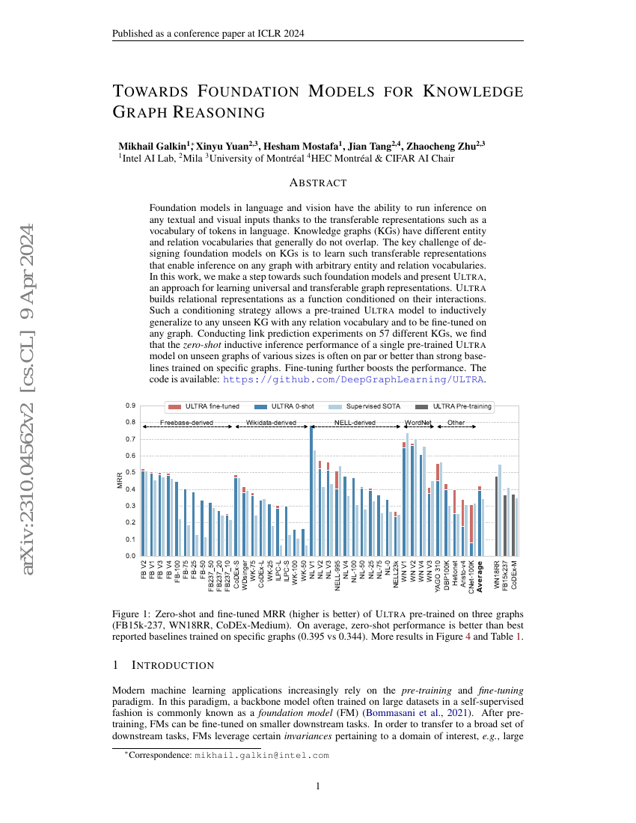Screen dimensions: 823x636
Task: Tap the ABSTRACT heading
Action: [x=318, y=183]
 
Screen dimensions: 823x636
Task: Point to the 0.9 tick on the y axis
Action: [x=131, y=406]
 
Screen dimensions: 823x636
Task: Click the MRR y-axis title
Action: [x=120, y=480]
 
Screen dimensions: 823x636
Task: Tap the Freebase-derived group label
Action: [x=186, y=423]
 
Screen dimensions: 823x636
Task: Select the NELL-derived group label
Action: [x=354, y=423]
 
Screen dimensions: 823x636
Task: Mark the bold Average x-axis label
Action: [x=480, y=576]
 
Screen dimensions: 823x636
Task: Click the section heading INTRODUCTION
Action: [x=173, y=665]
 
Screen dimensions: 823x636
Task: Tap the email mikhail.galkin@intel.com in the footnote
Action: [x=261, y=756]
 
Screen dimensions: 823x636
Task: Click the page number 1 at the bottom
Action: [x=318, y=786]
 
